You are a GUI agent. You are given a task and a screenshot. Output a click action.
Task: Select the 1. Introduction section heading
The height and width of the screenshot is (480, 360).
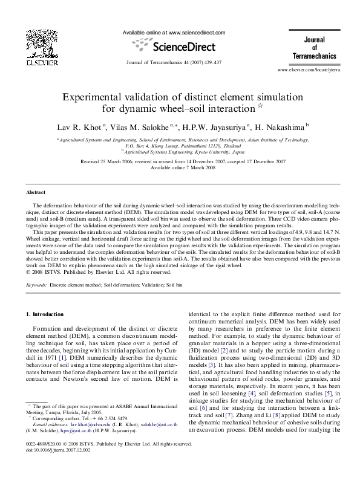(47, 314)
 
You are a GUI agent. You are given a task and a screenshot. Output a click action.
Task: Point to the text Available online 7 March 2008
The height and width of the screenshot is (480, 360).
(180, 167)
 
